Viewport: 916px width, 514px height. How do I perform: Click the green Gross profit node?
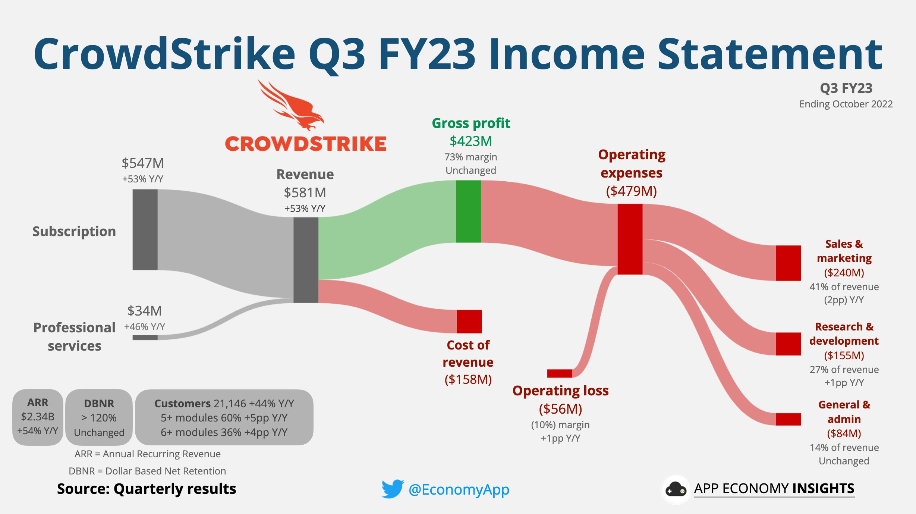pos(468,211)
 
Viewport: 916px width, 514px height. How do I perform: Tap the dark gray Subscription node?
pos(145,229)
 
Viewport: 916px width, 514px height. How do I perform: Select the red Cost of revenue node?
pos(469,322)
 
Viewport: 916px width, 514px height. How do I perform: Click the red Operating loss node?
pos(560,373)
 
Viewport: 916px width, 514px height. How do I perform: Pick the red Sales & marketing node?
pos(788,263)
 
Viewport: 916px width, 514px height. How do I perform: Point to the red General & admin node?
pos(788,419)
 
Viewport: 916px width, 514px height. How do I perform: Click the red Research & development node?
pos(788,344)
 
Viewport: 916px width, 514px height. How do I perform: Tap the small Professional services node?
pos(145,338)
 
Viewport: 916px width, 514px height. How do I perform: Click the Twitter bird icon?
pos(393,489)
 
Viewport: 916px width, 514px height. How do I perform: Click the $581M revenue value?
pos(305,192)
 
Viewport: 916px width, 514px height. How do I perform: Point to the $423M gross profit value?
pos(471,141)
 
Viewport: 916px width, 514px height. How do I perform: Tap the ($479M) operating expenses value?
pos(632,191)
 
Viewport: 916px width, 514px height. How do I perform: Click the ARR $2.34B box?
pos(38,417)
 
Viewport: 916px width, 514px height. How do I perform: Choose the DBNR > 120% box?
pos(99,417)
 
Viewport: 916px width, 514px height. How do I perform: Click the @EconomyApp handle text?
pos(459,489)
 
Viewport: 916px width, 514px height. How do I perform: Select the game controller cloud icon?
pos(676,489)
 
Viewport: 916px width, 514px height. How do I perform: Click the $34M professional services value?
pos(145,311)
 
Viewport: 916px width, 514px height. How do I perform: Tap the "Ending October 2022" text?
pos(846,104)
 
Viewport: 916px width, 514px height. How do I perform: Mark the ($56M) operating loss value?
pos(560,409)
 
